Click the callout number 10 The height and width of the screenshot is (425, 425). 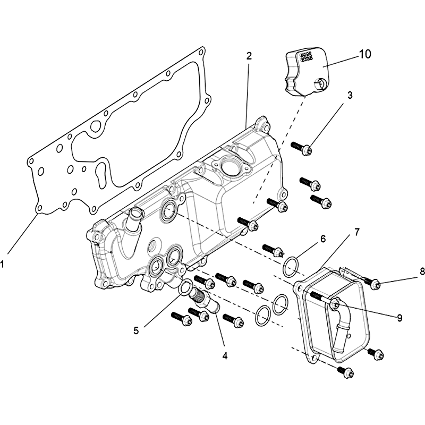(x=365, y=54)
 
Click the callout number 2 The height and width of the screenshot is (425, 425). (x=249, y=56)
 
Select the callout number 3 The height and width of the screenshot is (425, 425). (x=350, y=96)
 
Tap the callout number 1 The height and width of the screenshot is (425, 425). (x=2, y=263)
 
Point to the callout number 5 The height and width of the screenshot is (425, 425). (x=136, y=330)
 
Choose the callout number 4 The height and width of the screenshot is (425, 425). (x=225, y=355)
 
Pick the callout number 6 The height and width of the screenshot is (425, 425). (x=322, y=239)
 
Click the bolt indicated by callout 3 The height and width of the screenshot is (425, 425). (x=301, y=148)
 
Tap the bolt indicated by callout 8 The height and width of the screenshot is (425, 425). (x=370, y=282)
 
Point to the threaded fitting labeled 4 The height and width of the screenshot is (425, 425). (x=203, y=299)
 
